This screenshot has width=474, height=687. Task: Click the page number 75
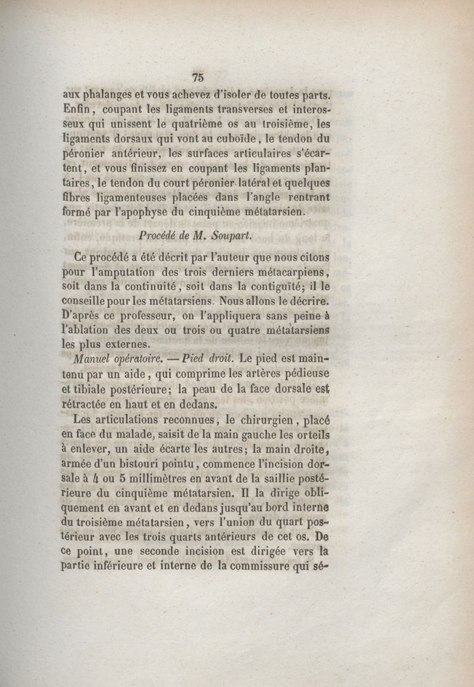(198, 76)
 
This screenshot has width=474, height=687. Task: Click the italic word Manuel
(89, 360)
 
